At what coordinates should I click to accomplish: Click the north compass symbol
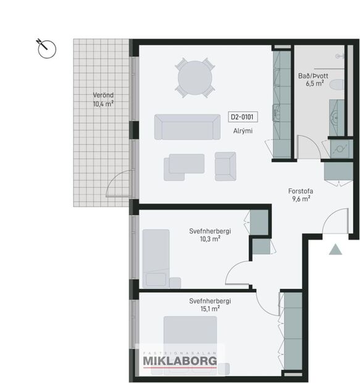pos(47,48)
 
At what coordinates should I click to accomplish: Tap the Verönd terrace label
pos(103,99)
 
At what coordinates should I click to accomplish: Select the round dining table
pos(195,78)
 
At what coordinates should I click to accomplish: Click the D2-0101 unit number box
pos(243,116)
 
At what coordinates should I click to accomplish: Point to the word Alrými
pos(242,131)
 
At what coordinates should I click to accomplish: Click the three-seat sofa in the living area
pos(187,127)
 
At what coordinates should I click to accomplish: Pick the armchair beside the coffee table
pos(225,166)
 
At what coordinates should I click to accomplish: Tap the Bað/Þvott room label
pos(311,80)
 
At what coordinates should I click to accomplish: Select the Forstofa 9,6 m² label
pos(299,195)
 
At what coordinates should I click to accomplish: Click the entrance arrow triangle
pos(335,250)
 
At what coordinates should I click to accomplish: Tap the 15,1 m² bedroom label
pos(210,305)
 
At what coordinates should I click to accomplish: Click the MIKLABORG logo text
pos(180,361)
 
